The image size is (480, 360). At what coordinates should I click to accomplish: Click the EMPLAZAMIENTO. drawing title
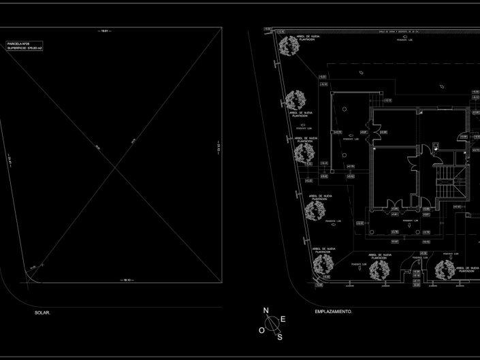click(x=334, y=311)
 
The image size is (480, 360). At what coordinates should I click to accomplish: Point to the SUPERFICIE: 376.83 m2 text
click(x=26, y=49)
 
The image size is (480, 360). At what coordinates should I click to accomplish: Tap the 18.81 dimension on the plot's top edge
click(x=106, y=31)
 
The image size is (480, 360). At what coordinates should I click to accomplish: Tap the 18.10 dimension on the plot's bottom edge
click(x=125, y=280)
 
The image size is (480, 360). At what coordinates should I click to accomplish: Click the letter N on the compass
click(x=267, y=311)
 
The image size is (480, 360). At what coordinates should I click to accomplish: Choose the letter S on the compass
click(x=279, y=336)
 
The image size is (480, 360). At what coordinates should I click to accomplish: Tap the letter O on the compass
click(x=261, y=329)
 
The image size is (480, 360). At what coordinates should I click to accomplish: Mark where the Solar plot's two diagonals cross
click(x=123, y=156)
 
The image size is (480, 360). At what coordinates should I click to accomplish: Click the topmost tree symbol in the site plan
click(x=288, y=46)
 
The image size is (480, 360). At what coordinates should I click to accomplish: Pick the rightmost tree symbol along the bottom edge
click(x=445, y=270)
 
